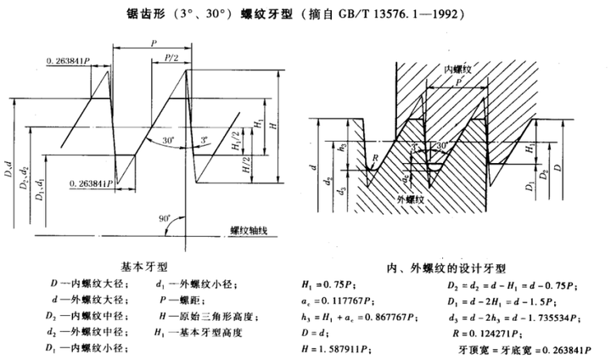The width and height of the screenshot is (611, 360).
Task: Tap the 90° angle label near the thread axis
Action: [162, 218]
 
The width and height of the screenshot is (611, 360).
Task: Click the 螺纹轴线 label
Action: [252, 229]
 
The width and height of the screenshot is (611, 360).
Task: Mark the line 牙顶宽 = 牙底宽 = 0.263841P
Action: [516, 348]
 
